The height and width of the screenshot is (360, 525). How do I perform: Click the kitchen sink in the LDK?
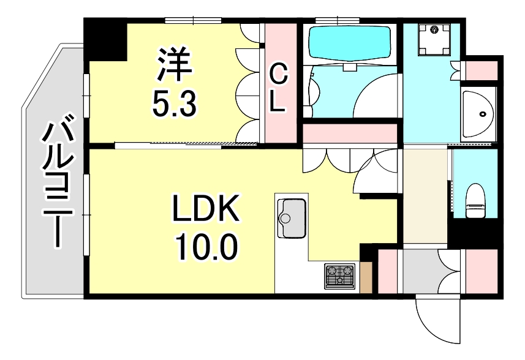tap(292, 218)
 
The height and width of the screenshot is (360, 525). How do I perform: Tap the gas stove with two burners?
tap(340, 275)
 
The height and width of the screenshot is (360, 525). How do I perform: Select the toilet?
tap(475, 201)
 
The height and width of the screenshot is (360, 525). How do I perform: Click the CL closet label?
tap(279, 89)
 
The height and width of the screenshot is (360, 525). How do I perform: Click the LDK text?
tap(205, 210)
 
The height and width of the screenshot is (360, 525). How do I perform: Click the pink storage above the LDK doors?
tap(350, 133)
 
